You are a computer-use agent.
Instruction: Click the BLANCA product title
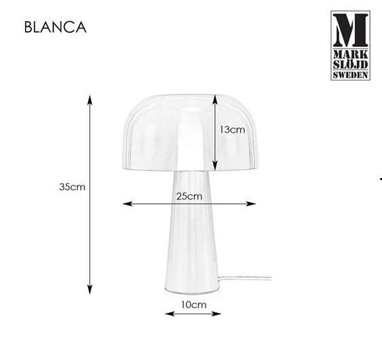(x=55, y=27)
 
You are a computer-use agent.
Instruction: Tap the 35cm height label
(x=72, y=187)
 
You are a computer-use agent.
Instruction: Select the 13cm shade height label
(x=232, y=130)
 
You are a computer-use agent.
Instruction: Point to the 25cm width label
(x=189, y=196)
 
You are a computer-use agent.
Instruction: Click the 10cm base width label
(x=193, y=305)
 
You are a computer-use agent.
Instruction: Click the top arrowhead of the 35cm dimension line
(x=90, y=100)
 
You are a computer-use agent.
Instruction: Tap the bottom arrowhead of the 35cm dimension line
(x=90, y=288)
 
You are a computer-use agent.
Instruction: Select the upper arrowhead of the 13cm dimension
(x=215, y=100)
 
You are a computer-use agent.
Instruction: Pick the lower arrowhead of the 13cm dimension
(x=215, y=165)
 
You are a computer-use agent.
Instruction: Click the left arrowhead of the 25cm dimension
(x=127, y=204)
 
